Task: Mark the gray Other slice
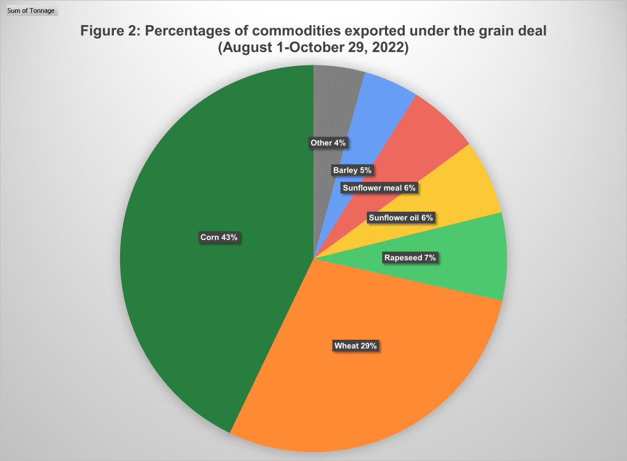tap(334, 98)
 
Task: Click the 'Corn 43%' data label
tap(219, 238)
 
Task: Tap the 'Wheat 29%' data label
tap(356, 346)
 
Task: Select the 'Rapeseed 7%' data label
tap(410, 258)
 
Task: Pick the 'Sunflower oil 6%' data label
tap(400, 217)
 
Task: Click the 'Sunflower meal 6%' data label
tap(379, 188)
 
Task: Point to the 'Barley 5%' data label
tap(352, 170)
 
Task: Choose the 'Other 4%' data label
tap(328, 143)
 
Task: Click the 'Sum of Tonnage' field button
tap(31, 10)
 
